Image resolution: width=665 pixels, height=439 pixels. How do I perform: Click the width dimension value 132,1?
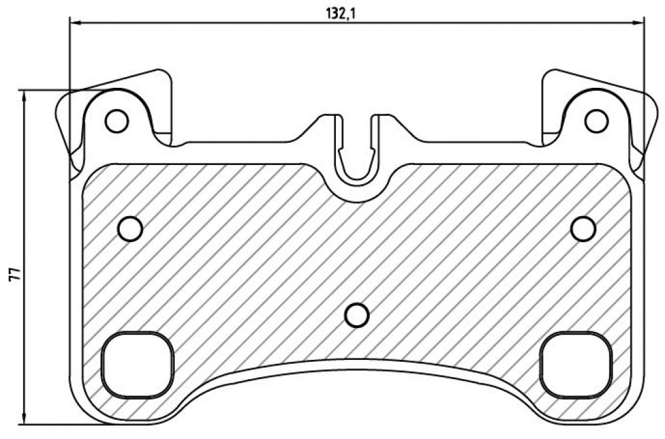340,13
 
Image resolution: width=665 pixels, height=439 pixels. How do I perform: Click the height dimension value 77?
14,273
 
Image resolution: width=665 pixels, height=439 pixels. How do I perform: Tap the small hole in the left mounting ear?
116,121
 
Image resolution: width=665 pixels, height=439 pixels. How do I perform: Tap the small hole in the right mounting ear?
597,121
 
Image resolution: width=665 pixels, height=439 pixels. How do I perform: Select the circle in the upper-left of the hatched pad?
130,229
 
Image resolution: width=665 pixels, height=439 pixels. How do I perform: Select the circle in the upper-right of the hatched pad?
583,229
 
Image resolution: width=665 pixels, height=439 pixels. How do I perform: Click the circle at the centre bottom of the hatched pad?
357,315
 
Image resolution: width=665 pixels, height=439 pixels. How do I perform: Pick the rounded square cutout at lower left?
138,365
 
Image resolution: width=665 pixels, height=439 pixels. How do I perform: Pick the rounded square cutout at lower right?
577,365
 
